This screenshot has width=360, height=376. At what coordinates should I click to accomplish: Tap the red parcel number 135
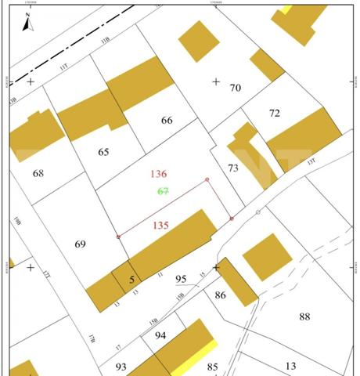pos(160,226)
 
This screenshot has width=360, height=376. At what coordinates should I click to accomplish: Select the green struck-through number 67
pos(163,191)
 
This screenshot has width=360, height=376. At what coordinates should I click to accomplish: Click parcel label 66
pos(167,121)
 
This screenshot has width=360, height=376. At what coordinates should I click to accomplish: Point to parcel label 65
pos(103,152)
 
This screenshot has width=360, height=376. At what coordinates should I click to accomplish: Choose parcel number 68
pos(38,172)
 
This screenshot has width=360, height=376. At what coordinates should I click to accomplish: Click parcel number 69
pos(80,244)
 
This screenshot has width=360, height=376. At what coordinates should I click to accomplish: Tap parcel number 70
pos(235,88)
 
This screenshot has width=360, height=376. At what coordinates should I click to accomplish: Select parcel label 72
pos(274,114)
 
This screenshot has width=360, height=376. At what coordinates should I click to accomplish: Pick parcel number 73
pos(232,168)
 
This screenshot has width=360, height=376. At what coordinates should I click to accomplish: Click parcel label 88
pos(304,316)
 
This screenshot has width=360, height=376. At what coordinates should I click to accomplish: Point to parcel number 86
pos(221,295)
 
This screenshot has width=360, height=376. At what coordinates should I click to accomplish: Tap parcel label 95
pos(181,279)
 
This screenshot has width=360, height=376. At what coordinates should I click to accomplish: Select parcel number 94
pos(160,335)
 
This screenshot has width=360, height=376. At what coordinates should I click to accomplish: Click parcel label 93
pos(121,367)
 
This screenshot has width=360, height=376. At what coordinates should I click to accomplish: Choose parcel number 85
pos(212,367)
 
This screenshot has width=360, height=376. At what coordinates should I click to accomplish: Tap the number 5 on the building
pos(131,278)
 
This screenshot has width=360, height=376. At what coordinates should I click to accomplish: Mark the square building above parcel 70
pos(199,41)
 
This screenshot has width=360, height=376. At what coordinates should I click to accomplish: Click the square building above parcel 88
pos(267,257)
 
